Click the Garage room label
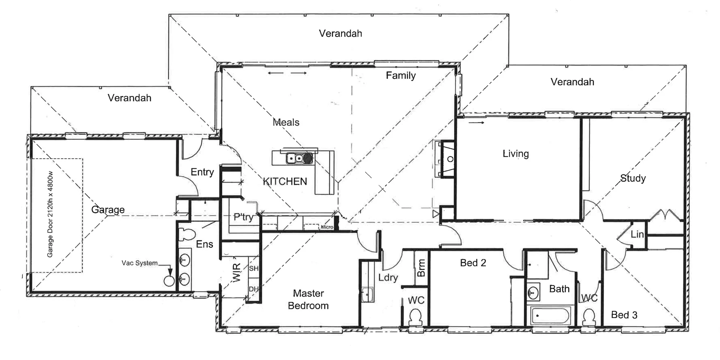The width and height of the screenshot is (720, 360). coord(108,210)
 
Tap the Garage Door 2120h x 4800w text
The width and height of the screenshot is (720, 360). coord(50,214)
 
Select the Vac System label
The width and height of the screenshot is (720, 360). coord(139,263)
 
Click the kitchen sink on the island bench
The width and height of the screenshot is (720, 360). coord(295,159)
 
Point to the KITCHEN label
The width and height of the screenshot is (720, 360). coord(285,181)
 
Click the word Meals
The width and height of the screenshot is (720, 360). coord(286,122)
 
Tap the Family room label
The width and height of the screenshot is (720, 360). coord(400,75)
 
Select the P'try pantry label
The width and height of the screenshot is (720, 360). coord(243,217)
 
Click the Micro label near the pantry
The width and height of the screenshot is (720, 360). coord(327,227)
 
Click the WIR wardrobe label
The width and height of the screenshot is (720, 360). coord(237,272)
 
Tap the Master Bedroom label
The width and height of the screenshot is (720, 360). coord(308,299)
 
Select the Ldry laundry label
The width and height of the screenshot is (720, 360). coord(388,277)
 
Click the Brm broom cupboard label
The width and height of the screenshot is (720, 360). coord(421,268)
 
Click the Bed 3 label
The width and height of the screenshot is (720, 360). coord(624,315)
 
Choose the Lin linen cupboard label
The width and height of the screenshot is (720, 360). coord(637,234)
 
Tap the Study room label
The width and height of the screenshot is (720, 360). coord(633,178)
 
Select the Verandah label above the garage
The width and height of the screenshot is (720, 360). coord(129,98)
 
